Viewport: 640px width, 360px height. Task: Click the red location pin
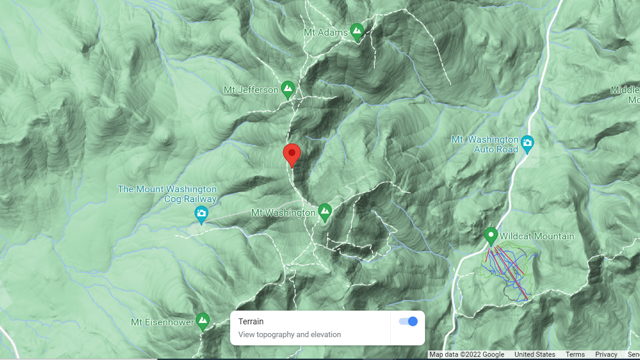[x=291, y=154]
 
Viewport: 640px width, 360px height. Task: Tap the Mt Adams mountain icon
[x=356, y=31]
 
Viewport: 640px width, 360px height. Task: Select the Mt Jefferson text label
[x=251, y=90]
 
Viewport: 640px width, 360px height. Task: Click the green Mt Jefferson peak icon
[x=288, y=89]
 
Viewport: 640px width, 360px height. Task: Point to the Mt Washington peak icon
[x=324, y=212]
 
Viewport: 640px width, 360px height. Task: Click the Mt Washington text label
[x=283, y=213]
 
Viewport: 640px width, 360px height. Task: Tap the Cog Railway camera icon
[x=201, y=213]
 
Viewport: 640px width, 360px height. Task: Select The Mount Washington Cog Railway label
[x=167, y=194]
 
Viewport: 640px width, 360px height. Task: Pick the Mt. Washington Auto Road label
[x=485, y=144]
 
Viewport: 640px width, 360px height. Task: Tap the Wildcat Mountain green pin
[x=491, y=235]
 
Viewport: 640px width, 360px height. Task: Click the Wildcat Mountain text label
[x=537, y=236]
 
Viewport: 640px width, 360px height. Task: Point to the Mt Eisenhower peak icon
[x=203, y=321]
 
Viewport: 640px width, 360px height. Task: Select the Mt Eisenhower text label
[x=162, y=322]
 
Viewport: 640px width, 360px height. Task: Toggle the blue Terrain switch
[x=408, y=321]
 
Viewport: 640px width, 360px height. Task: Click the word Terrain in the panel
[x=251, y=321]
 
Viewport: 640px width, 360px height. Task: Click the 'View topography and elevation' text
[x=290, y=335]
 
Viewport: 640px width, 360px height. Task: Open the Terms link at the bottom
[x=575, y=354]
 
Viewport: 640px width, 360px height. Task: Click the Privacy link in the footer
[x=606, y=354]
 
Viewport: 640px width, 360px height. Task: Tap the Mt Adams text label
[x=326, y=33]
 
